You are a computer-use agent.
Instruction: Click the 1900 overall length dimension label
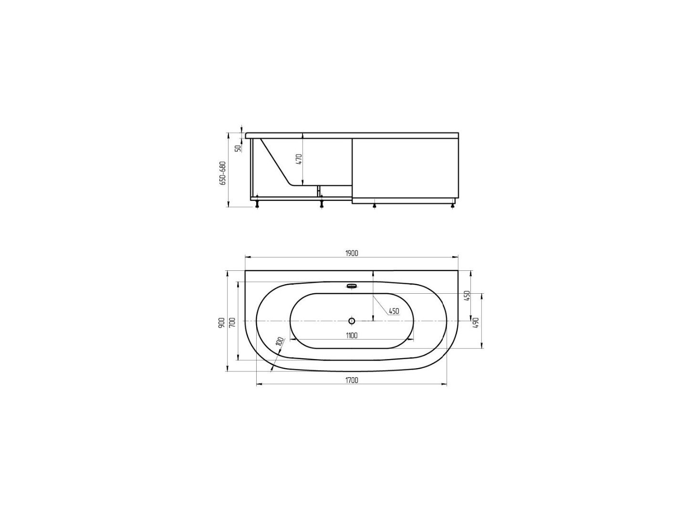[x=352, y=253]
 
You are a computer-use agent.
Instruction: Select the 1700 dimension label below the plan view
[x=352, y=380]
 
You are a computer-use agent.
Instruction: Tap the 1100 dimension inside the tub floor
[x=352, y=336]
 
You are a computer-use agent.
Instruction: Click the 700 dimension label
[x=232, y=323]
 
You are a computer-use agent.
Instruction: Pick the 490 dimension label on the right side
[x=475, y=323]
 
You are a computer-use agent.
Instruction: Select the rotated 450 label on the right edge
[x=468, y=296]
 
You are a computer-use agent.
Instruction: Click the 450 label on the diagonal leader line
[x=394, y=311]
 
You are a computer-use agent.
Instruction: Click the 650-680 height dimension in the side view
[x=222, y=173]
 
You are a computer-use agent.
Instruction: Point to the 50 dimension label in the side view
[x=238, y=148]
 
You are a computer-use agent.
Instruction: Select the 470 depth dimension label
[x=299, y=159]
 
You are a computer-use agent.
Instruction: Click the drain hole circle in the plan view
[x=352, y=321]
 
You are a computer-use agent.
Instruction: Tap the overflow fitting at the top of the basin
[x=352, y=287]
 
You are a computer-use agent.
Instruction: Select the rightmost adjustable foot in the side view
[x=453, y=206]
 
